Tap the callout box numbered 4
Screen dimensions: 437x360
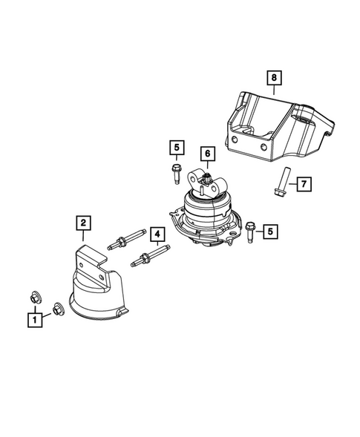click(157, 236)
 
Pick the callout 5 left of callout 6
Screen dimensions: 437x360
click(176, 148)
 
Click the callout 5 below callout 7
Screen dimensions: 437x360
click(271, 232)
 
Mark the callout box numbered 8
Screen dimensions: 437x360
click(273, 76)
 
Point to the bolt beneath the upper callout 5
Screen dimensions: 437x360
click(175, 176)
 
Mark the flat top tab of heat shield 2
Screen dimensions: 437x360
click(88, 256)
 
